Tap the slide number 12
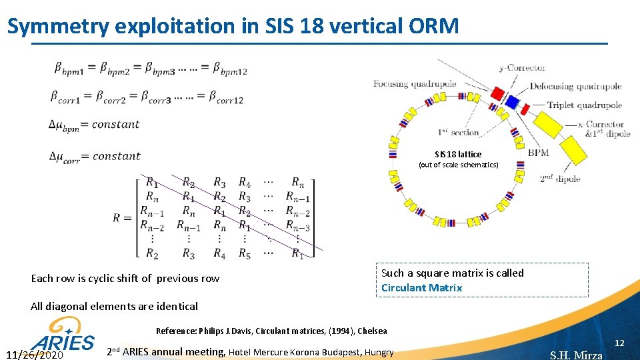[x=619, y=343]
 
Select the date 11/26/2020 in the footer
[x=35, y=355]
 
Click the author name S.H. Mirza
[x=576, y=355]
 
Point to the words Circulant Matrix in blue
[x=421, y=288]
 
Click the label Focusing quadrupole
[x=415, y=84]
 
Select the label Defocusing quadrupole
[x=575, y=86]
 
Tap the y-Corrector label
[x=522, y=67]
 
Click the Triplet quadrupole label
[x=584, y=105]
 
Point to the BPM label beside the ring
[x=538, y=153]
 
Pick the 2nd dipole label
[x=560, y=179]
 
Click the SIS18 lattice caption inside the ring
[x=458, y=154]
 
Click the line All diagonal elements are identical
[x=114, y=307]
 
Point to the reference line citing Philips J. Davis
[x=271, y=331]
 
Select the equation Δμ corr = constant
[x=95, y=157]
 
